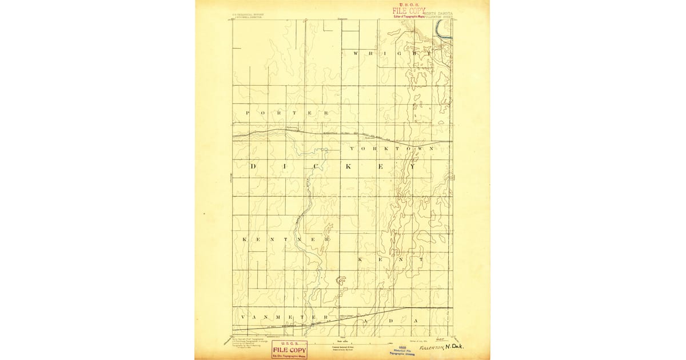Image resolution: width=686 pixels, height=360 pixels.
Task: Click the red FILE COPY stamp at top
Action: click(408, 10)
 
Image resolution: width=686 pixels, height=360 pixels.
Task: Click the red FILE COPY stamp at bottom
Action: click(289, 349)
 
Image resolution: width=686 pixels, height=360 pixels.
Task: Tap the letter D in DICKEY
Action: click(253, 167)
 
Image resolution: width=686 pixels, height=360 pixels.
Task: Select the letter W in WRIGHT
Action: click(356, 53)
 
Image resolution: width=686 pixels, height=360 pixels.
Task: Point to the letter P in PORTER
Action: click(248, 113)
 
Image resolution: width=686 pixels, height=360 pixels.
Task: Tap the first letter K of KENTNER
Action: click(245, 239)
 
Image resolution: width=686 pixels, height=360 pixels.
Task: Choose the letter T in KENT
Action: click(420, 259)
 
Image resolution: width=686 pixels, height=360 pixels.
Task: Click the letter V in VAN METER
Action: click(243, 317)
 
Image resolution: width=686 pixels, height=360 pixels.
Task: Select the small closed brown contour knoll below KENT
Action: click(341, 280)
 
